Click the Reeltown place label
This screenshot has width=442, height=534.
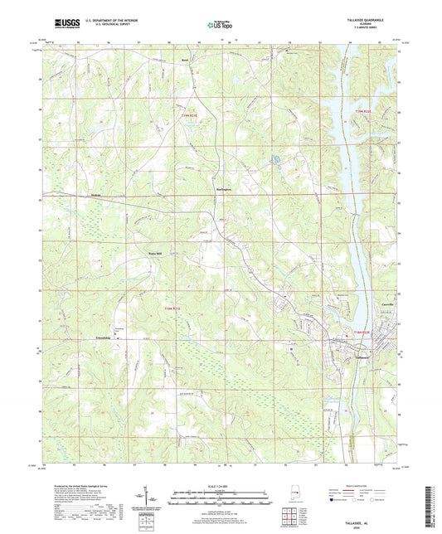[186, 60]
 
